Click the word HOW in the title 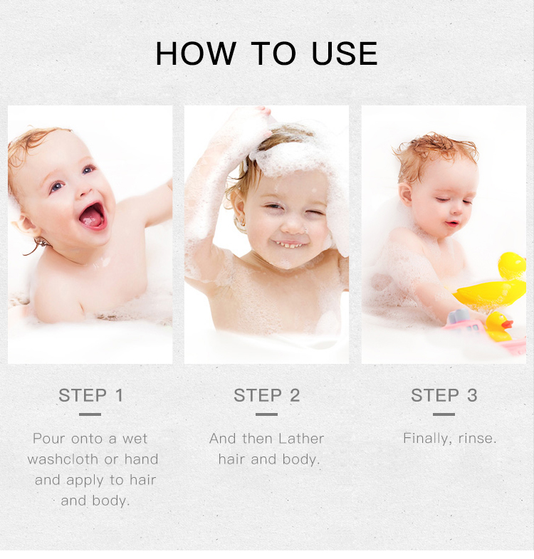pos(194,54)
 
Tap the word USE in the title pos(345,54)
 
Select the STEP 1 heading pos(90,395)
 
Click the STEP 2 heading pos(267,395)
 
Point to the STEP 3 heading pos(444,395)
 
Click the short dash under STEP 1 pos(90,414)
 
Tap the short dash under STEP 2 pos(266,414)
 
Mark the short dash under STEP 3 pos(444,414)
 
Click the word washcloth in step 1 pos(60,459)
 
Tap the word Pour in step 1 pos(48,439)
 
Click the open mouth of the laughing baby pos(93,215)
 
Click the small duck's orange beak pos(507,324)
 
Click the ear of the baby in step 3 pos(405,194)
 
